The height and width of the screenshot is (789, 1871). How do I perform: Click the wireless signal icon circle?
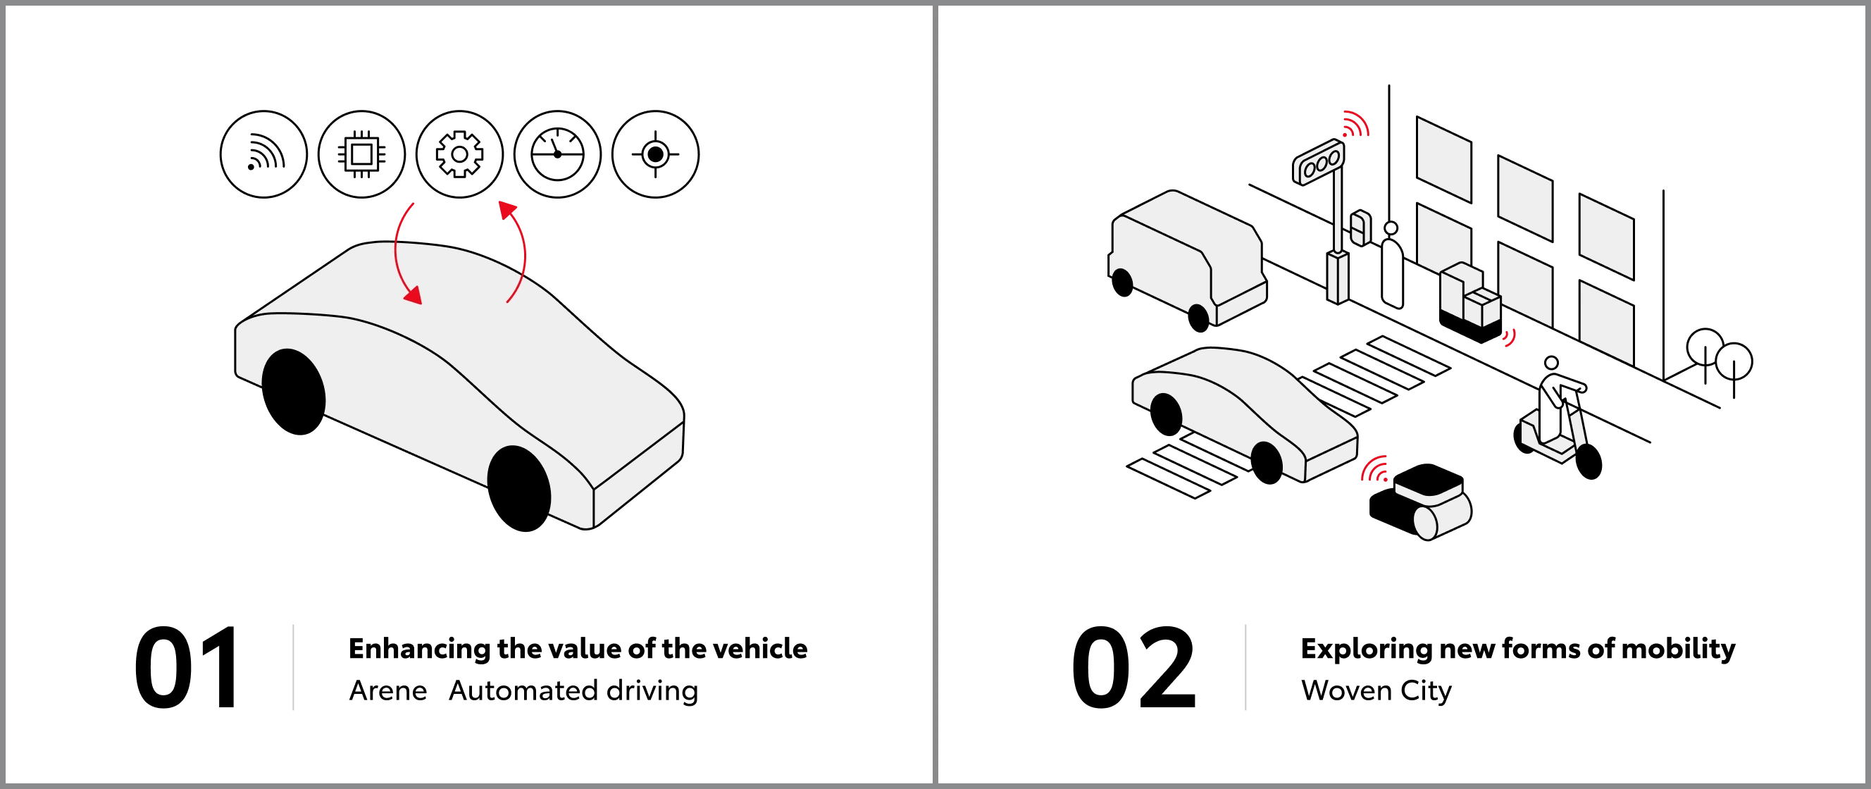263,154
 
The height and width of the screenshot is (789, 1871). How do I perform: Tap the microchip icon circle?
361,154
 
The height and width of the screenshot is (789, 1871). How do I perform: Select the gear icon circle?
459,154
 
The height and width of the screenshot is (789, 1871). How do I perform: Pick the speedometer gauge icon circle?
557,154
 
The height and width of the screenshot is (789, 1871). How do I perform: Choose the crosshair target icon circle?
655,154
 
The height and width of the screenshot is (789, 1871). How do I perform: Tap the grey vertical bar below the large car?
293,667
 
